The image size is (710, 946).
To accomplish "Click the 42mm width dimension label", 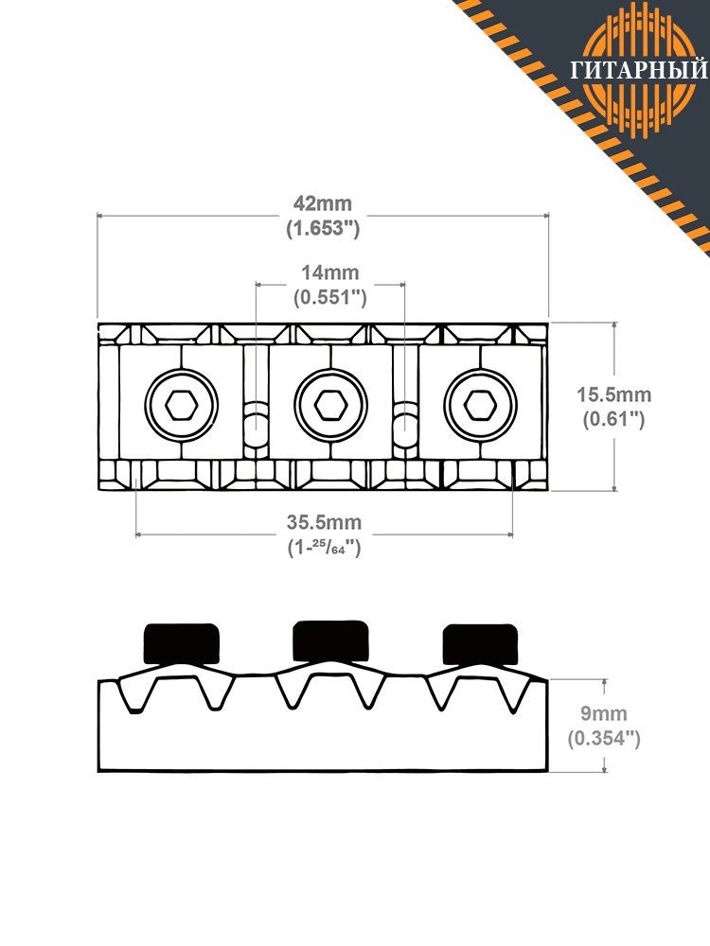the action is point(323,203).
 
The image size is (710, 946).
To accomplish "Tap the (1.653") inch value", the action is point(323,229).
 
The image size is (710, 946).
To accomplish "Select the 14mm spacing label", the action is point(329,272).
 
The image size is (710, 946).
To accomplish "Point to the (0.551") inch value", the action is point(329,297).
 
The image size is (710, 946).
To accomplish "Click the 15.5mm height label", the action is point(614,394).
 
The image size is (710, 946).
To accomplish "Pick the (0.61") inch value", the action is point(614,419).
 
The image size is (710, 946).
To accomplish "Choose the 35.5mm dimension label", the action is point(324,522).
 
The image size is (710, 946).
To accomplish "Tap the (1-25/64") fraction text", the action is point(324,547).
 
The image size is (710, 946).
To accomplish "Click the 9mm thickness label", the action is point(604,713).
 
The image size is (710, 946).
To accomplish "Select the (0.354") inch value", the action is point(604,739).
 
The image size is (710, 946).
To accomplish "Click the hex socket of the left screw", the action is point(181,405).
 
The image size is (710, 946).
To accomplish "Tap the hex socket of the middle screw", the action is point(330,405).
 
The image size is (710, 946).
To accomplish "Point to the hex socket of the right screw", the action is point(480,405).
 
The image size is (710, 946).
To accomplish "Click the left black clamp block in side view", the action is point(181,644).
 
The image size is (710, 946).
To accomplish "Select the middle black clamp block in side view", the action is point(330,640).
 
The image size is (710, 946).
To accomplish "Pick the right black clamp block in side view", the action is point(481,644).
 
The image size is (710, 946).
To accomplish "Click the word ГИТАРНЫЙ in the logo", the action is point(639,70).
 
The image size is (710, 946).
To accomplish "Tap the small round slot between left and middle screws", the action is point(256,418).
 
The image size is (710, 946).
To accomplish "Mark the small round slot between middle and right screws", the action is point(405,418).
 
